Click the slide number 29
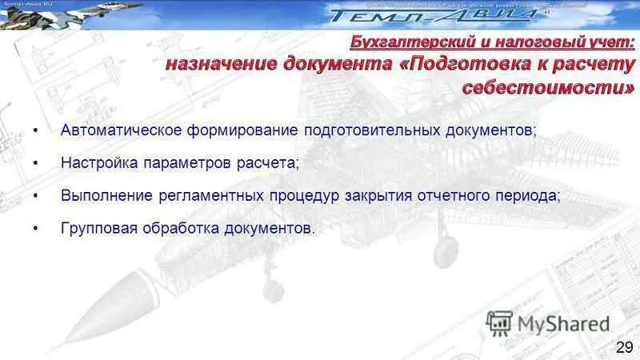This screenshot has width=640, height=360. (625, 346)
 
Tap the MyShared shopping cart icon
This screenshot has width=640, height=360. (499, 323)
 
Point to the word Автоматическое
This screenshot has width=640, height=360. (118, 130)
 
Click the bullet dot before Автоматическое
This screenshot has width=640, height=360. (36, 130)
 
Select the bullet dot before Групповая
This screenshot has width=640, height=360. (36, 229)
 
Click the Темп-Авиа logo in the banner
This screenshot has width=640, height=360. (432, 15)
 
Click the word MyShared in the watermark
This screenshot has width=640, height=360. (563, 324)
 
